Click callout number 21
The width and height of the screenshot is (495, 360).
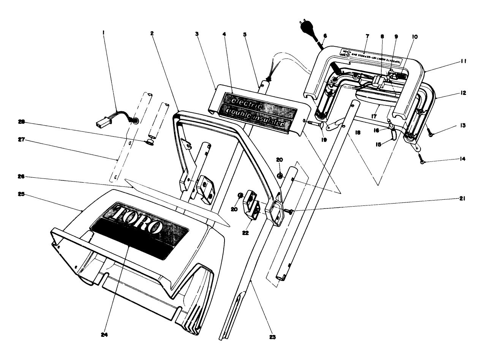[462, 199]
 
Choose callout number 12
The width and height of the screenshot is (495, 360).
[462, 93]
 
